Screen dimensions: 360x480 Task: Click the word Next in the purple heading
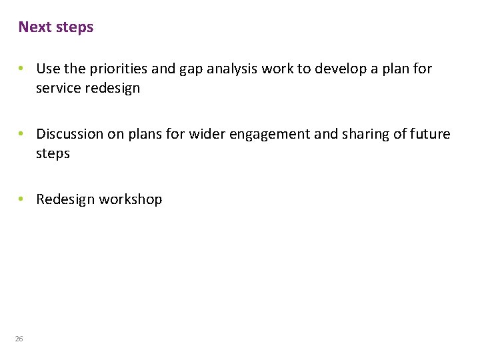(33, 27)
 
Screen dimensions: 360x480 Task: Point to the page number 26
(19, 339)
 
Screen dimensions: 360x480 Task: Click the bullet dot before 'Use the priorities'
(22, 69)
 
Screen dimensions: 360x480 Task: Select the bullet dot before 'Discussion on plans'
(22, 134)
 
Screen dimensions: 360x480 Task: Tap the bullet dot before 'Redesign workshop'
(22, 199)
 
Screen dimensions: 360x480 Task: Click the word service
(59, 88)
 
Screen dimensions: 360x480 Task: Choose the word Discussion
(71, 134)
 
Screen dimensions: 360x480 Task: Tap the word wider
(207, 134)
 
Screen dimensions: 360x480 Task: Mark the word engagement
(270, 135)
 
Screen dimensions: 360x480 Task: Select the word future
(430, 134)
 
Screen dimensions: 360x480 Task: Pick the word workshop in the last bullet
(131, 199)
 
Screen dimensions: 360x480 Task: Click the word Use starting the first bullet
(47, 69)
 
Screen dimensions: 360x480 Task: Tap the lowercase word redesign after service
(113, 89)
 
